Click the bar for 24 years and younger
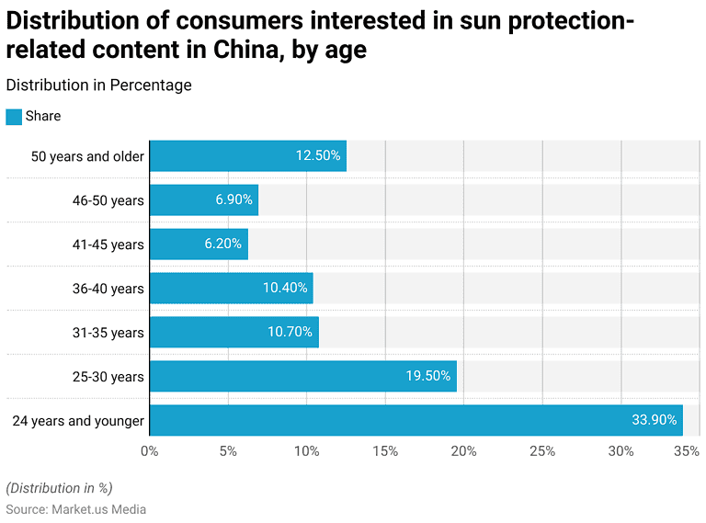416,420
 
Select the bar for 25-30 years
302,376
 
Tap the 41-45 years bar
199,244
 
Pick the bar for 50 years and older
247,156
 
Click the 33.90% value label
655,420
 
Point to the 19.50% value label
428,376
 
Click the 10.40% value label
285,289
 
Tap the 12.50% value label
318,156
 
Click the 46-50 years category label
108,200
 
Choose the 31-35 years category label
108,333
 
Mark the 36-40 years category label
108,289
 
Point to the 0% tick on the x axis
149,451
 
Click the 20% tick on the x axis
463,451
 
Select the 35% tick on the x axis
685,451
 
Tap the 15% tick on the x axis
385,451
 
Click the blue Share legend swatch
14,117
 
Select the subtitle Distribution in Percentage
98,85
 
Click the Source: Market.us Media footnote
75,509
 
